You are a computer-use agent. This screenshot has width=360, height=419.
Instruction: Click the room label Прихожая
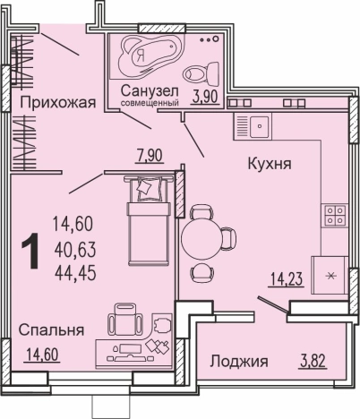[57, 103]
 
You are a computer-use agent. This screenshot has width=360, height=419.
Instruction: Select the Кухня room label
[270, 165]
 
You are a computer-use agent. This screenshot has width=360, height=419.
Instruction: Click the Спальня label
[51, 329]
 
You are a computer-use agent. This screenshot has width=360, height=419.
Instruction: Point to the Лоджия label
[239, 362]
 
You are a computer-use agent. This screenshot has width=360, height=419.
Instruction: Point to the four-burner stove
[334, 215]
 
